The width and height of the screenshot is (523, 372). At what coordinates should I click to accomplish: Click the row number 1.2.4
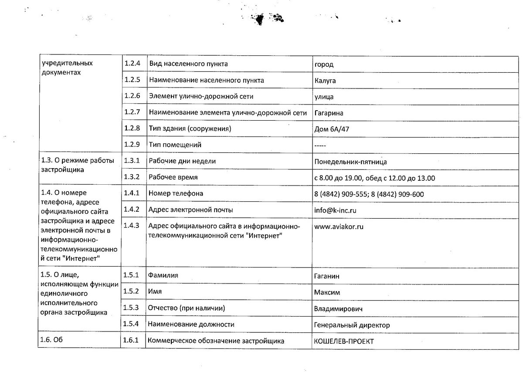click(132, 64)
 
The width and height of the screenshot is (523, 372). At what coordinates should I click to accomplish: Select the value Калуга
click(325, 81)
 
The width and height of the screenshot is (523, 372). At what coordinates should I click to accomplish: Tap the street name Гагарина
click(329, 113)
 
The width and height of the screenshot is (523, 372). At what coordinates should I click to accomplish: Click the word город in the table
click(324, 64)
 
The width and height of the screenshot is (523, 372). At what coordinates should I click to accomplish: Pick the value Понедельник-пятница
click(350, 162)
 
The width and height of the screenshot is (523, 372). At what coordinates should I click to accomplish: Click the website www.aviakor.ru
click(339, 227)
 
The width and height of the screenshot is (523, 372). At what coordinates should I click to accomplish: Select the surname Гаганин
click(327, 276)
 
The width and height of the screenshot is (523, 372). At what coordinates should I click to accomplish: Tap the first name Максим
click(327, 292)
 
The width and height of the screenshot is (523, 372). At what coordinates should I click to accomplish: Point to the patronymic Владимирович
click(338, 309)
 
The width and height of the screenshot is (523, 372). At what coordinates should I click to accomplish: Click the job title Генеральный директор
click(352, 325)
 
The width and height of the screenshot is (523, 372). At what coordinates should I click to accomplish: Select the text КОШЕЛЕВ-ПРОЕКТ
click(344, 342)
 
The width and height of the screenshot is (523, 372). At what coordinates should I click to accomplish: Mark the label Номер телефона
click(176, 193)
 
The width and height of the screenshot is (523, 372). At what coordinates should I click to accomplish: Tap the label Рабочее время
click(173, 177)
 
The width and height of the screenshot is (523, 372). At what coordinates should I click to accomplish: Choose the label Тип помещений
click(175, 145)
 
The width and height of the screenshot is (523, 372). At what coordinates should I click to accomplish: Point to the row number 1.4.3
click(132, 225)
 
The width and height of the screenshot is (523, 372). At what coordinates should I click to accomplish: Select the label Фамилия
click(163, 275)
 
